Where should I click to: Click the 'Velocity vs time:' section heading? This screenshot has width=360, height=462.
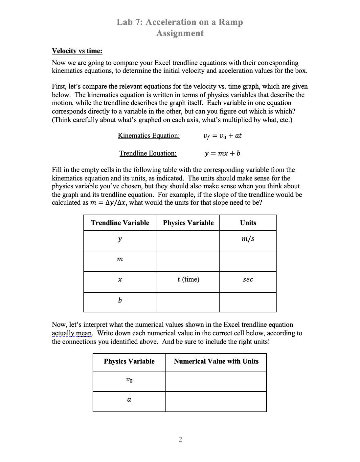[x=77, y=51]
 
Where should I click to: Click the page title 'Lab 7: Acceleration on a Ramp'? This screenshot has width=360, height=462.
[x=180, y=22]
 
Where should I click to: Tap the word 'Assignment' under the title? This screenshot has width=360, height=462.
[x=180, y=33]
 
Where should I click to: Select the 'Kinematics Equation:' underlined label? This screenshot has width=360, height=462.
[x=149, y=136]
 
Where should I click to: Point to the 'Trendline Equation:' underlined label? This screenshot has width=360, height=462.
[x=148, y=153]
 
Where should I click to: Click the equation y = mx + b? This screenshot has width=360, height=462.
[x=222, y=153]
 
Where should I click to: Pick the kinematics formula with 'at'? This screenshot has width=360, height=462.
[x=222, y=136]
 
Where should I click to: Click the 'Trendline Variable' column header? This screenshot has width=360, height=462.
[x=120, y=223]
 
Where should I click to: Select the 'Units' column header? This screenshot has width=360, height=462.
[x=248, y=223]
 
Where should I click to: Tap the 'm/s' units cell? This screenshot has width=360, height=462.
[x=248, y=239]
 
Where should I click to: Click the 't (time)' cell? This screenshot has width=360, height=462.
[x=188, y=280]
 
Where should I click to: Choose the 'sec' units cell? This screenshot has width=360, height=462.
[x=248, y=280]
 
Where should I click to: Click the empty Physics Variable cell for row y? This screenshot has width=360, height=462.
[x=188, y=241]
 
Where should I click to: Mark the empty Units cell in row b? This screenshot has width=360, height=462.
[x=248, y=302]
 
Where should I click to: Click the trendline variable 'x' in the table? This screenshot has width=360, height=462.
[x=120, y=280]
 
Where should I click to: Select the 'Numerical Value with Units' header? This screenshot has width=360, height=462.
[x=216, y=361]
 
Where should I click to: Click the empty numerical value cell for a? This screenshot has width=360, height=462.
[x=216, y=401]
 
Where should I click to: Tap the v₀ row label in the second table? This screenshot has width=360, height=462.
[x=129, y=380]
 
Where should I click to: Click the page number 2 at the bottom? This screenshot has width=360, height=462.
[x=180, y=439]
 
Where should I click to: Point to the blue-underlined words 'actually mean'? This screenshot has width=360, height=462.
[x=72, y=333]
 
